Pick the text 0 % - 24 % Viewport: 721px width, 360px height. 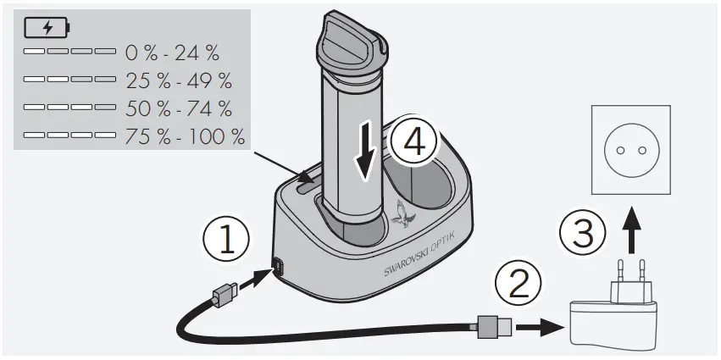pyautogui.click(x=172, y=54)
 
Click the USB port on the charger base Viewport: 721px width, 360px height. pyautogui.click(x=278, y=269)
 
